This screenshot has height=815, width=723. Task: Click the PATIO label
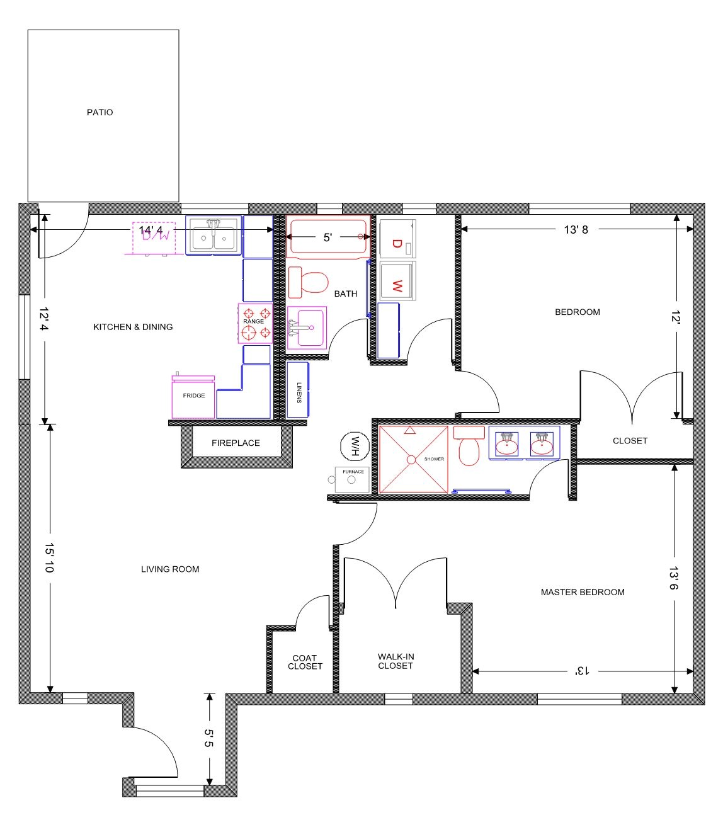click(x=100, y=112)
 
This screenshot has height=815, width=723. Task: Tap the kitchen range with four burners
click(x=255, y=322)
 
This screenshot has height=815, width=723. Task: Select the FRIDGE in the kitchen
click(x=193, y=397)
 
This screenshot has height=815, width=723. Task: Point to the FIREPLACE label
click(x=236, y=443)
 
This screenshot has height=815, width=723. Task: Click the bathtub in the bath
click(x=327, y=237)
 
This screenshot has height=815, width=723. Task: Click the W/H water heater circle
click(x=354, y=446)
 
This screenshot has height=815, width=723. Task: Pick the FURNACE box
click(x=352, y=479)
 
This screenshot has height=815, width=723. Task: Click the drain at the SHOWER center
click(x=411, y=460)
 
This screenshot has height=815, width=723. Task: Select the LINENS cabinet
click(x=299, y=390)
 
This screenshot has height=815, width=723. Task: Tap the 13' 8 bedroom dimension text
click(x=576, y=230)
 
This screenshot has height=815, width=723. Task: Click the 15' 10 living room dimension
click(x=50, y=557)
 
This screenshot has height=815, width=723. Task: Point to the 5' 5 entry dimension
click(x=209, y=738)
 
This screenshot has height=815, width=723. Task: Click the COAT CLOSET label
click(x=305, y=662)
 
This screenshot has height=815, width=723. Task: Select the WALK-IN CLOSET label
click(x=396, y=661)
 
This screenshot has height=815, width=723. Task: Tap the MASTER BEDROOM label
click(x=583, y=592)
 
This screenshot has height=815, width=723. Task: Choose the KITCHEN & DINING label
click(x=133, y=327)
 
